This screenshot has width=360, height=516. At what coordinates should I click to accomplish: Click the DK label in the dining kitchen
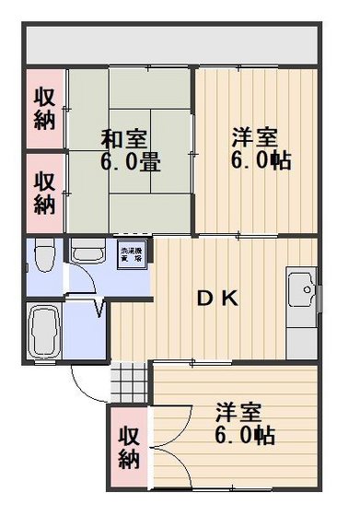219,299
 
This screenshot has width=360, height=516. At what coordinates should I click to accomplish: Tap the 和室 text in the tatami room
123,140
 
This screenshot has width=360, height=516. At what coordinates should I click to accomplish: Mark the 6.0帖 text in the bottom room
243,433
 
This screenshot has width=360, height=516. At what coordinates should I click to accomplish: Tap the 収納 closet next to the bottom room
130,447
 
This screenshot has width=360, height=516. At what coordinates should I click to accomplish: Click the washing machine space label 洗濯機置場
129,255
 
